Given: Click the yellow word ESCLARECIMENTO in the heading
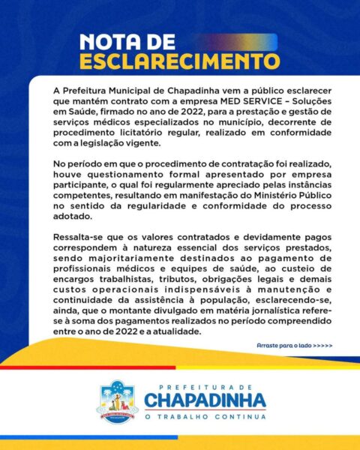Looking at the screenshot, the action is click(179, 60).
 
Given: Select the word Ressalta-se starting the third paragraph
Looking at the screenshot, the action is click(79, 235).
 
